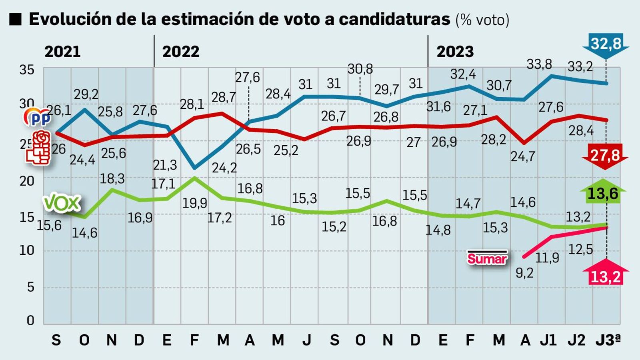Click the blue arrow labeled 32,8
pos(606,44)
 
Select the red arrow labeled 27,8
pos(605,155)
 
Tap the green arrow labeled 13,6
pos(602,194)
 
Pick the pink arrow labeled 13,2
pos(605,275)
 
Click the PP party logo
pos(38,117)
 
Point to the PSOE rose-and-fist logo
pos(39,147)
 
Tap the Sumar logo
pos(487,258)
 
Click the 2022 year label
pos(181,52)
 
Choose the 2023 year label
pos(455,52)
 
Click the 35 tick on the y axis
pos(27,70)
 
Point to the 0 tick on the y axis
pos(30,320)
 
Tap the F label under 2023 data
pos(470,340)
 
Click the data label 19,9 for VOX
pos(195,203)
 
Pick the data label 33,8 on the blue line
pos(539,64)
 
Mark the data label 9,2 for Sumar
pos(524,273)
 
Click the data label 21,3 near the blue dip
pos(164,165)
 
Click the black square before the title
pos(15,19)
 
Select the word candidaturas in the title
pos(394,19)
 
